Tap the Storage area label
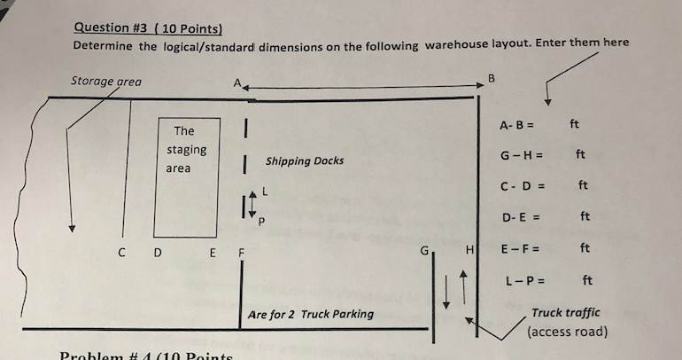tap(106, 82)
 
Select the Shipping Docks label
tap(305, 161)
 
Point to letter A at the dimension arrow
tap(237, 82)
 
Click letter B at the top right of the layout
tap(492, 79)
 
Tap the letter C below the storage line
tap(122, 253)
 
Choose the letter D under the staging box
tap(158, 253)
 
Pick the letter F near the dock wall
tap(241, 253)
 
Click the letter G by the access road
tap(424, 251)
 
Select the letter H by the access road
tap(469, 250)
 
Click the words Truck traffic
tap(565, 312)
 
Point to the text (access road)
tap(567, 332)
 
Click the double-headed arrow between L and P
tap(252, 204)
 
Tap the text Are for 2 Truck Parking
tap(311, 314)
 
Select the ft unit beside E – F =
tap(585, 247)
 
